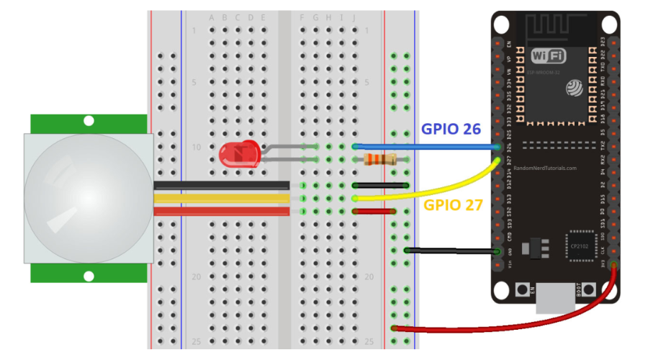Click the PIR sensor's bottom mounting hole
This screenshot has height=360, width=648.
89,275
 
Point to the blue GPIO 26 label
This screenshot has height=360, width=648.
451,130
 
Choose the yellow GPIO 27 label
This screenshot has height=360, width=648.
453,204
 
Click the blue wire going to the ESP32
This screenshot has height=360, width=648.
432,147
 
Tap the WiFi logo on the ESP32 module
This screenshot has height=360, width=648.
548,56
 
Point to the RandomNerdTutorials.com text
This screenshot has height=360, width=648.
545,168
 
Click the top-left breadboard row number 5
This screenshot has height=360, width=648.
194,82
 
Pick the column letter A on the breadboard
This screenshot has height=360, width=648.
212,17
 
